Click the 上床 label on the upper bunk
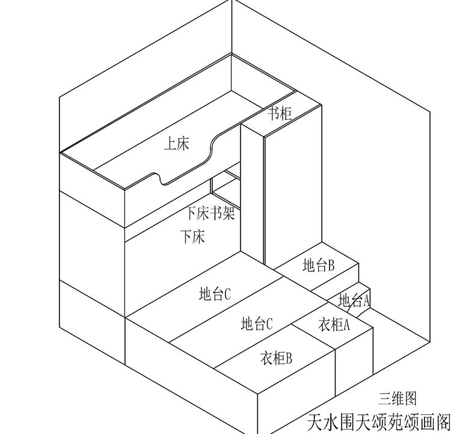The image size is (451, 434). pos(177,144)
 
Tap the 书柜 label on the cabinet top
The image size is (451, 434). pos(279,112)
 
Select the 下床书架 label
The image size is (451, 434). pos(210,213)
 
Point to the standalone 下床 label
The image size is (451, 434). pos(192,236)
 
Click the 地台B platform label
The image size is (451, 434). pos(319,265)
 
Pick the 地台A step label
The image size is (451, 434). pos(354,299)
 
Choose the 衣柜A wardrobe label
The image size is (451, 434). pos(334,325)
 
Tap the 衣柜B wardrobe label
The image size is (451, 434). pos(276,358)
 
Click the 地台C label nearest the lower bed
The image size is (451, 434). pos(215,294)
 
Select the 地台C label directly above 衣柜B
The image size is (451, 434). pos(257,324)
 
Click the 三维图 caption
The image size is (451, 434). pos(397,398)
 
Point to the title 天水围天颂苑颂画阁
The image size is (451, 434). pos(379,421)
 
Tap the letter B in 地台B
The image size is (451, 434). pos(331,265)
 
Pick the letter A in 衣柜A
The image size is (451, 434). pos(345,325)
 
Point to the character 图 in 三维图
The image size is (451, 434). pos(410,398)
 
